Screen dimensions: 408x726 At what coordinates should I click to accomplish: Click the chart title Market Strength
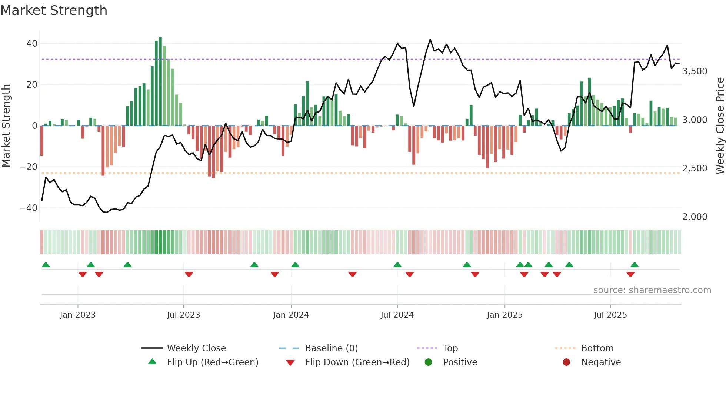[54, 10]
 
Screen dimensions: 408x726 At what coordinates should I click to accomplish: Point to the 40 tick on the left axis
[32, 44]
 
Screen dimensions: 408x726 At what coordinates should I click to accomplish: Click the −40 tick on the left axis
[29, 208]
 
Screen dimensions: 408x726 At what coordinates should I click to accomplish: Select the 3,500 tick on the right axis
[695, 71]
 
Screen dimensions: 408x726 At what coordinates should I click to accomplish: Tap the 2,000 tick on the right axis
[695, 217]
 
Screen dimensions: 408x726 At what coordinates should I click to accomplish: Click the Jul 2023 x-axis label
[183, 315]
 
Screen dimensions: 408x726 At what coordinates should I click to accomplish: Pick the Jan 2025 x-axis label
[504, 315]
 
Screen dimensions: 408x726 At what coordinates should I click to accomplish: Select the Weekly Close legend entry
[196, 348]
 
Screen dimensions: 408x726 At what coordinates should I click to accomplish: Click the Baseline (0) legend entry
[331, 348]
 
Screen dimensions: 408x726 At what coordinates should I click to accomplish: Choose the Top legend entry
[450, 348]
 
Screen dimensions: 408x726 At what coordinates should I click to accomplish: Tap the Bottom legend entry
[597, 348]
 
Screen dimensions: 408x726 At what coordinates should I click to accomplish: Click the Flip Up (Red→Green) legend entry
[212, 362]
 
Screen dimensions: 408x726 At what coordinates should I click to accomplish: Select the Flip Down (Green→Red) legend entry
[357, 362]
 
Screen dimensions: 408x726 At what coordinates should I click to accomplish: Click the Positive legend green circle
[429, 362]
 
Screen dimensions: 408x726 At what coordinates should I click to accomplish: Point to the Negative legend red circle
[566, 362]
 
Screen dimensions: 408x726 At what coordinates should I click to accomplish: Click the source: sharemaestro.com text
[652, 290]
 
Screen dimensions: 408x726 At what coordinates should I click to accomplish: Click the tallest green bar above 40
[160, 81]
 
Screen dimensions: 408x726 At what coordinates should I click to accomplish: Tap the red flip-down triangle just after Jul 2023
[189, 274]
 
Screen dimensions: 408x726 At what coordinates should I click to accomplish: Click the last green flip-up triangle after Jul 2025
[635, 265]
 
